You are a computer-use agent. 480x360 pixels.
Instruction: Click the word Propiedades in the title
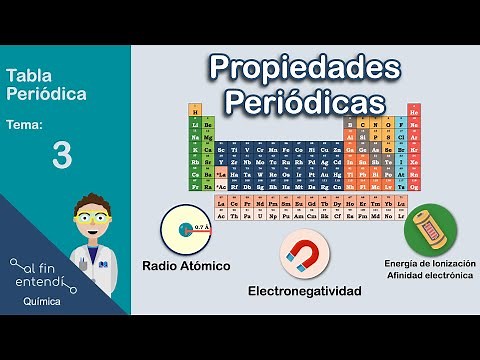point(304,67)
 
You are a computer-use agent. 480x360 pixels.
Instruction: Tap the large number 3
point(62,156)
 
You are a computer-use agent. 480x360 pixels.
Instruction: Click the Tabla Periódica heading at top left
point(46,84)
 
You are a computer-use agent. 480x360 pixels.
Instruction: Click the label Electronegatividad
point(305,292)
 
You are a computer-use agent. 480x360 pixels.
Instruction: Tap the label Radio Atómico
point(186,267)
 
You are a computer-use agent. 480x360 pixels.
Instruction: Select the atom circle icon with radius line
point(186,229)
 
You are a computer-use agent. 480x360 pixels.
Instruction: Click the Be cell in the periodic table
point(207,124)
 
